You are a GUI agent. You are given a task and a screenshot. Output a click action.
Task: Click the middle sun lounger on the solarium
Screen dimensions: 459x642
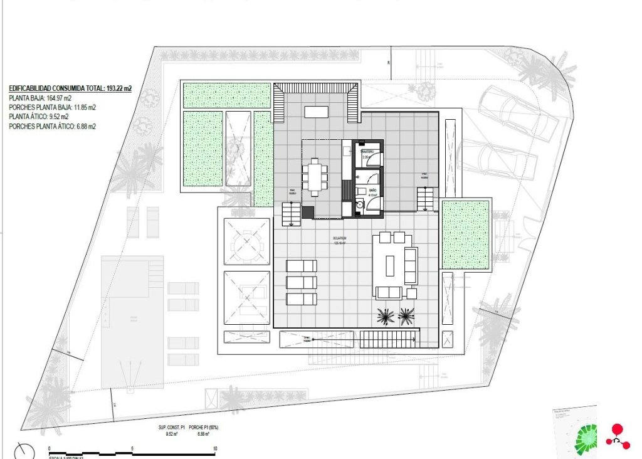[302, 282]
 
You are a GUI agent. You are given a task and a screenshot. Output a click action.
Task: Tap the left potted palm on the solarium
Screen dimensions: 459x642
[386, 317]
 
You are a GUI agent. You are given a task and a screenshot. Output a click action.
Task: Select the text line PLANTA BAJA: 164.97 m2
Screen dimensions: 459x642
[40, 98]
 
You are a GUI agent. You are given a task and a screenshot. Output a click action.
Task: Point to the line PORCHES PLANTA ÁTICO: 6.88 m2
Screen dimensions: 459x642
[52, 126]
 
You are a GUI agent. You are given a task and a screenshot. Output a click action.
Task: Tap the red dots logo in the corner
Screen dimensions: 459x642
[618, 436]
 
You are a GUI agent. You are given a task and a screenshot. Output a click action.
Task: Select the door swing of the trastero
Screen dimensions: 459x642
[374, 159]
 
